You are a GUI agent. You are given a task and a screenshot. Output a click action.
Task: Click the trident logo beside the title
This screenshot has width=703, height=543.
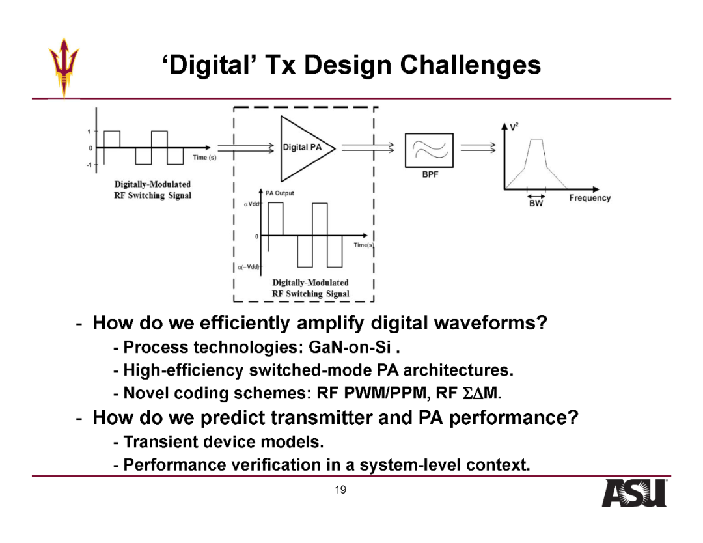coord(64,67)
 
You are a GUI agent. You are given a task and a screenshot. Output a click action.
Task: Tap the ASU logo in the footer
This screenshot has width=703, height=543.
coord(634,494)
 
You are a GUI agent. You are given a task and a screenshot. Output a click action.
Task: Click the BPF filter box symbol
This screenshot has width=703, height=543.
coord(429,150)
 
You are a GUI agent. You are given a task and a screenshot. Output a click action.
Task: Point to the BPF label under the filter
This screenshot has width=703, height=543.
coord(430,174)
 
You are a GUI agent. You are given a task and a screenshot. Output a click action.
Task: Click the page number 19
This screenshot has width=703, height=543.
coord(340,490)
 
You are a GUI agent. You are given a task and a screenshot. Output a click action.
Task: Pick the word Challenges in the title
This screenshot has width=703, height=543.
coord(471,65)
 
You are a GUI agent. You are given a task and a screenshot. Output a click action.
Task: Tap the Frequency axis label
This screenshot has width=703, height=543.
coord(590,198)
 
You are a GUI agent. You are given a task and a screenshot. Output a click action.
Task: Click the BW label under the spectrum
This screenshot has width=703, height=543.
coord(536,204)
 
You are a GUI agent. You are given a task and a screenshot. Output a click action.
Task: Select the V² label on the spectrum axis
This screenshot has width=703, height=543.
coord(514,127)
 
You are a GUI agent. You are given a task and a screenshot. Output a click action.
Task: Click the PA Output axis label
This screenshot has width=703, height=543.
coord(280,193)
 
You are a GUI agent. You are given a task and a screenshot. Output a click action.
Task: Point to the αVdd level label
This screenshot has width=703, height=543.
coord(251,204)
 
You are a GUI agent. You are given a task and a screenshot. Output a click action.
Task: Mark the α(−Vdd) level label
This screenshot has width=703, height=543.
coord(249,267)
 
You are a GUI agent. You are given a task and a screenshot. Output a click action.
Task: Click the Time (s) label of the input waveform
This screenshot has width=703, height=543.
coord(204,158)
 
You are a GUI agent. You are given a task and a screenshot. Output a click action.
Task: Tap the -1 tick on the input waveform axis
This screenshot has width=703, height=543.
coord(89,165)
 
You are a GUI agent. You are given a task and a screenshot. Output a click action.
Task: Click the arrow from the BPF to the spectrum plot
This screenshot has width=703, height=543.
coord(478,148)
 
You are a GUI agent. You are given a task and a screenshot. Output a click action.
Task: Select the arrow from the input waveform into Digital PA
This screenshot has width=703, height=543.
coord(245,148)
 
